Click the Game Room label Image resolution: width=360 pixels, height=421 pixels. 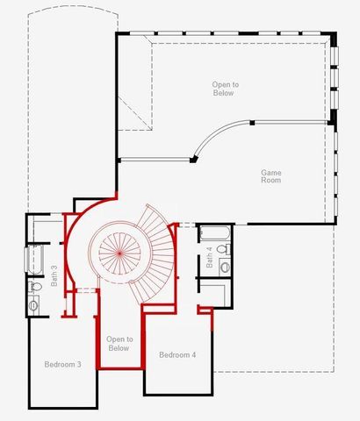tap(270, 177)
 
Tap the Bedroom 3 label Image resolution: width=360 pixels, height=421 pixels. tap(62, 364)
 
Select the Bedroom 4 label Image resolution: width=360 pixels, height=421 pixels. tap(177, 355)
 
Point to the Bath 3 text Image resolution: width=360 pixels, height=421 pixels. tap(54, 275)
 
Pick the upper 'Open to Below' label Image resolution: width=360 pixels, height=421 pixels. tap(225, 89)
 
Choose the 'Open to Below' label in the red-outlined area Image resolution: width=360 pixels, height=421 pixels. tap(119, 343)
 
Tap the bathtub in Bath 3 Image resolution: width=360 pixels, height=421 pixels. tap(35, 260)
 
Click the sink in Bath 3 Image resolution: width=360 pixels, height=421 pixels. tap(34, 304)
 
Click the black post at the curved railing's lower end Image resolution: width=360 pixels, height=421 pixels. tap(192, 160)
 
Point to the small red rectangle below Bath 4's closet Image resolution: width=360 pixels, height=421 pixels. tap(205, 309)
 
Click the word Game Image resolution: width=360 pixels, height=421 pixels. tap(270, 172)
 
